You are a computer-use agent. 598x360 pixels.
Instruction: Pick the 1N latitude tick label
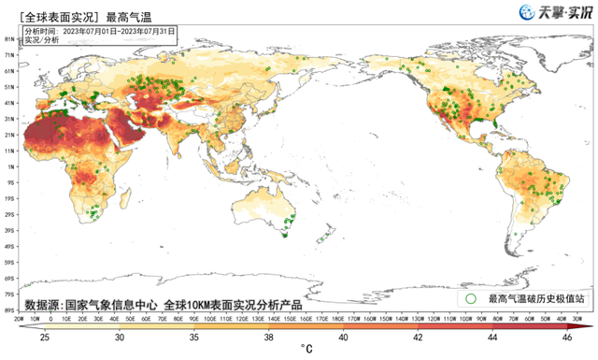pyautogui.click(x=8, y=166)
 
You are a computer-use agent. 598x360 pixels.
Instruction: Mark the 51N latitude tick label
pyautogui.click(x=8, y=87)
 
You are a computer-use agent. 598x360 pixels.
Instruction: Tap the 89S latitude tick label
pyautogui.click(x=8, y=310)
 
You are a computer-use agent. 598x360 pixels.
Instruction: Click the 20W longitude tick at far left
pyautogui.click(x=20, y=318)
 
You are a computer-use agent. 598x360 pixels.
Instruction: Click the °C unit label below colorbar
pyautogui.click(x=306, y=351)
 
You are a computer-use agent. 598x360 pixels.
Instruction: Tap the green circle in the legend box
pyautogui.click(x=471, y=298)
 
